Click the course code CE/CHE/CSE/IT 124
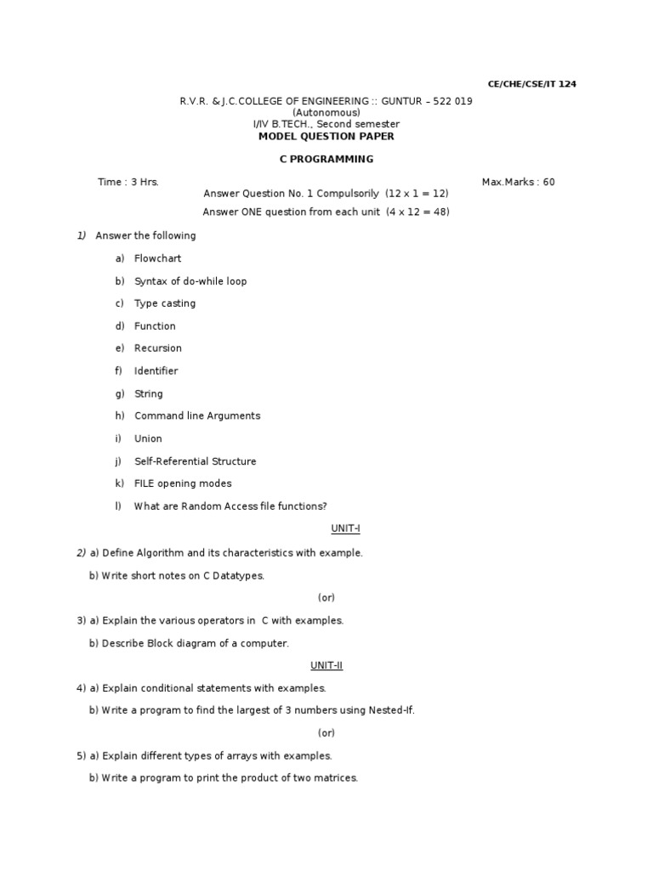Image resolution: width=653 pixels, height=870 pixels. pos(531,84)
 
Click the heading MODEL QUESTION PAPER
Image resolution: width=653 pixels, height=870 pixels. pos(326,136)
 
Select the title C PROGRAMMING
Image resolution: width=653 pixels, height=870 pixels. pos(326,159)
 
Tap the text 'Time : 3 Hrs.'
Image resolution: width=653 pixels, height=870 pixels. pos(128,182)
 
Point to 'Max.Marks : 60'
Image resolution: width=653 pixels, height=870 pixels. pos(518,182)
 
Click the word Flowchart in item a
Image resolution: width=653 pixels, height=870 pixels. pos(157,258)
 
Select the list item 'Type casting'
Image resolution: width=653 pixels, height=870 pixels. pos(165,303)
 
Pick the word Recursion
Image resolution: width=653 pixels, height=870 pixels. pos(157,348)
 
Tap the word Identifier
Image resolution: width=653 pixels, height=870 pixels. pos(156,371)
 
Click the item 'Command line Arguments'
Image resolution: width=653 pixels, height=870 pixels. pos(197,416)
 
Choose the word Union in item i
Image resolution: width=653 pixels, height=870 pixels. pos(148,439)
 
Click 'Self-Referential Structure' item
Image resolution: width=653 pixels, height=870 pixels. pos(195,461)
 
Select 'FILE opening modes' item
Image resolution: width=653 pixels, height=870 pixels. pos(183,483)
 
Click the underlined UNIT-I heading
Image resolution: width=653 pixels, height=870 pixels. pos(346,528)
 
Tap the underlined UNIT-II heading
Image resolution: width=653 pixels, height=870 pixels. pos(326,665)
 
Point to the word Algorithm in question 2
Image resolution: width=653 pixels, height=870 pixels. pos(160,553)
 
